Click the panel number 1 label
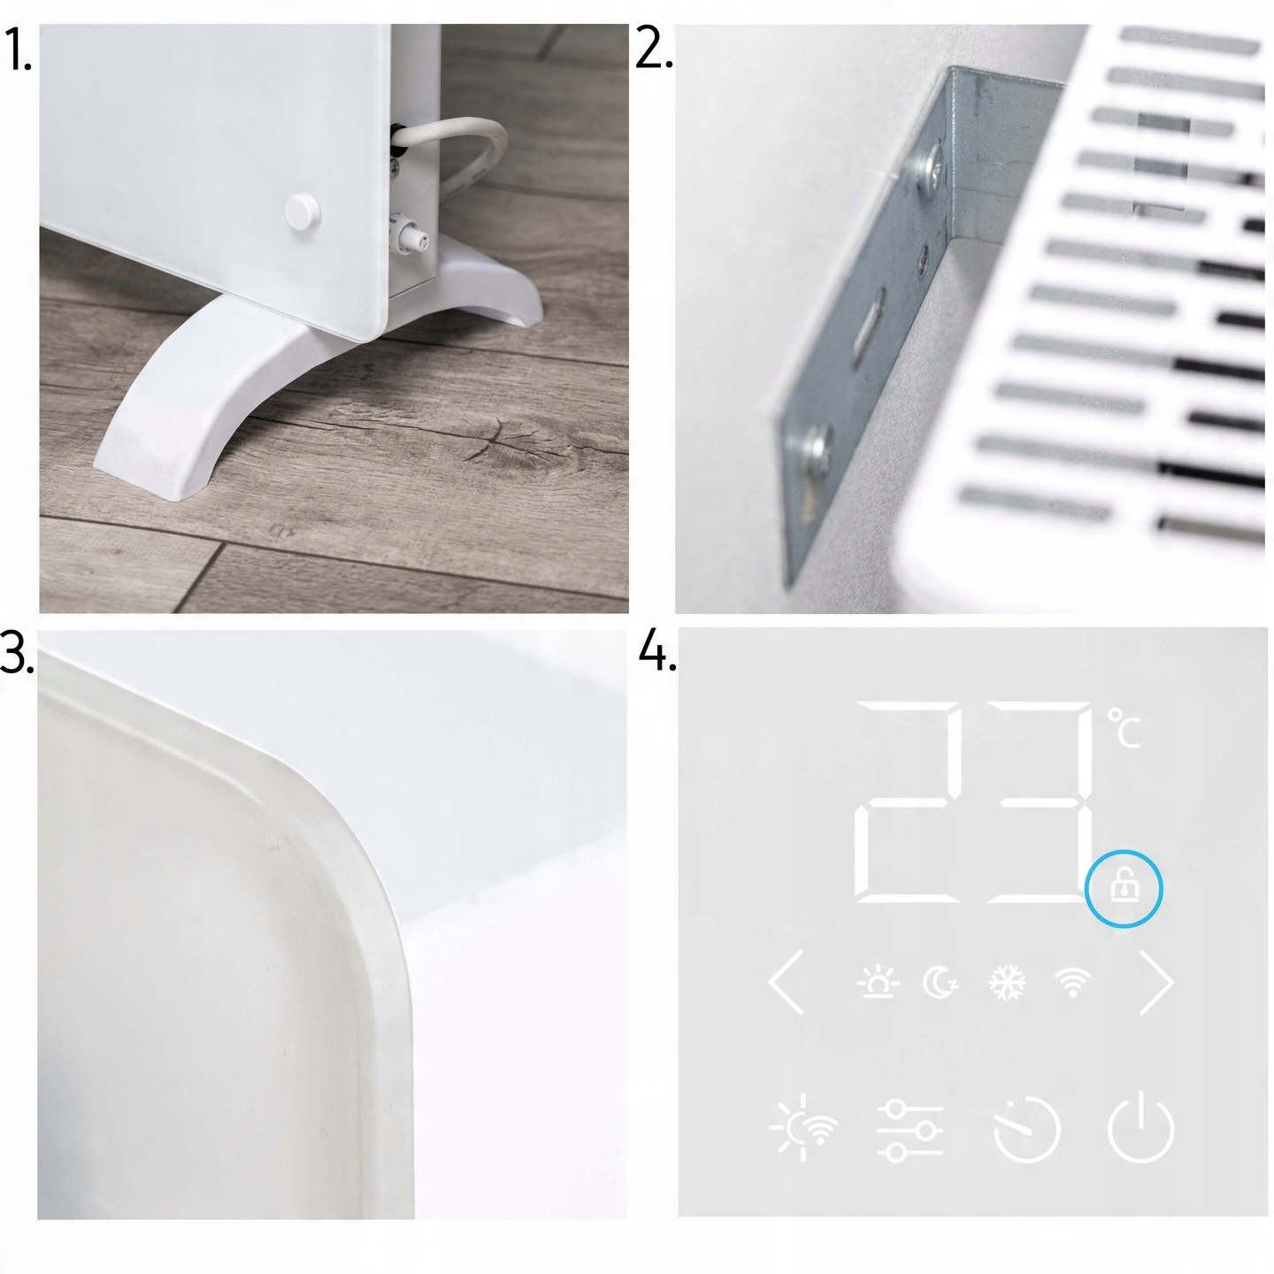tap(18, 50)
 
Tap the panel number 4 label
tap(657, 651)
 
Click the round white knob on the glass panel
tap(303, 211)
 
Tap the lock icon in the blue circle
tap(1124, 887)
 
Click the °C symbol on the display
tap(1124, 728)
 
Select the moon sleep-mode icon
tap(940, 982)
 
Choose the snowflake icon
tap(1007, 982)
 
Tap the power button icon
tap(1140, 1126)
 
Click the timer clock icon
tap(1027, 1128)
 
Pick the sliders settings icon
tap(910, 1130)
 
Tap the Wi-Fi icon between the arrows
tap(1072, 982)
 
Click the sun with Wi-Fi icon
tap(804, 1127)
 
